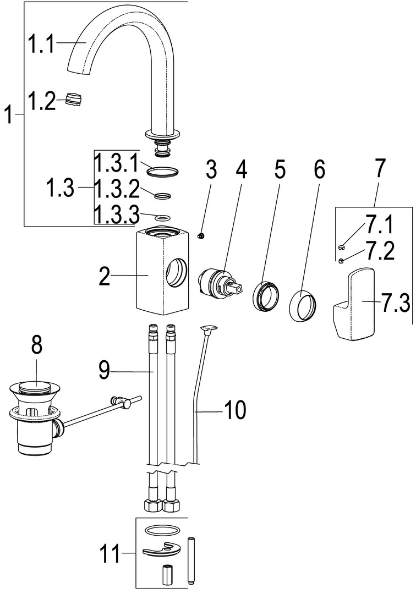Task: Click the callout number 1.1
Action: click(x=41, y=43)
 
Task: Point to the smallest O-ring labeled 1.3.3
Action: click(x=162, y=218)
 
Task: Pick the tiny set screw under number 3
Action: click(x=201, y=236)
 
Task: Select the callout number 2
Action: click(x=105, y=276)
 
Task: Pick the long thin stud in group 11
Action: click(x=191, y=561)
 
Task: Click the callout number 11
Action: click(x=110, y=553)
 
